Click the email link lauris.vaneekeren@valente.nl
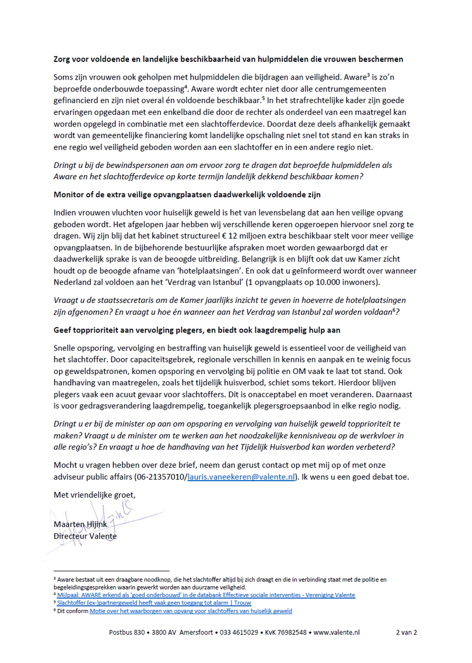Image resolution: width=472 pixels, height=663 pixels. point(242,477)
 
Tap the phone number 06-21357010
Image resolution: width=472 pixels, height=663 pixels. point(160,477)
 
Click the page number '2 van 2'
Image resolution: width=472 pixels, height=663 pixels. point(406,632)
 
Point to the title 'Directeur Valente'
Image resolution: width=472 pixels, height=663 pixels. point(85,536)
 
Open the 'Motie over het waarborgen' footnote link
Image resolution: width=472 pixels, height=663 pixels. point(191,611)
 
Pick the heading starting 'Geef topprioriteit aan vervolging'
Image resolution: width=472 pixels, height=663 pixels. point(197,330)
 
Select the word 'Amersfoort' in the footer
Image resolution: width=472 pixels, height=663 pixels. point(192,632)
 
